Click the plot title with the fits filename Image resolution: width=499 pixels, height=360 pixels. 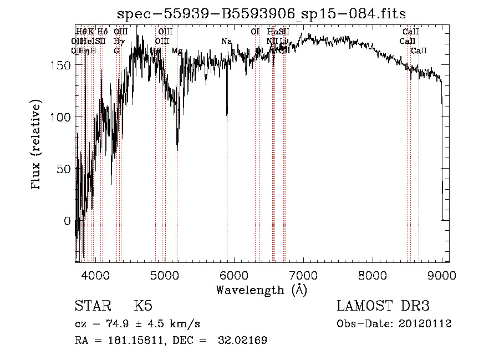(x=266, y=15)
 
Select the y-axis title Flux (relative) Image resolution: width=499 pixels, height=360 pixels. (x=37, y=146)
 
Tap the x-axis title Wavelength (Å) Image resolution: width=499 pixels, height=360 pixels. (x=261, y=290)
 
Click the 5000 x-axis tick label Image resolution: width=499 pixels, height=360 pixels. (x=165, y=275)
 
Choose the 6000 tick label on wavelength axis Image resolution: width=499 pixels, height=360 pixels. (x=234, y=275)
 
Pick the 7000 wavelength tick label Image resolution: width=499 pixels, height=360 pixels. (x=303, y=275)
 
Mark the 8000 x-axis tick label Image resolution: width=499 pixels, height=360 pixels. (x=373, y=275)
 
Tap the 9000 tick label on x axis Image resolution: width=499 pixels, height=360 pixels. (x=442, y=275)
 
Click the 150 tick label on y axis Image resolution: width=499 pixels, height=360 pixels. (x=62, y=65)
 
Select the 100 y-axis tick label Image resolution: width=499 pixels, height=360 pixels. (x=62, y=117)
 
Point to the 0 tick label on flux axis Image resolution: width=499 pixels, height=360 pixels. (x=68, y=221)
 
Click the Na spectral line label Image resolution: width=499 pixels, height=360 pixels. (x=226, y=42)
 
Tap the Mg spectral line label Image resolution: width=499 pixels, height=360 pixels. (x=176, y=51)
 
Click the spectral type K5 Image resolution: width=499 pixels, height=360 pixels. (x=143, y=306)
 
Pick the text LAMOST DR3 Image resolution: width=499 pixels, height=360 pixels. (x=383, y=306)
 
